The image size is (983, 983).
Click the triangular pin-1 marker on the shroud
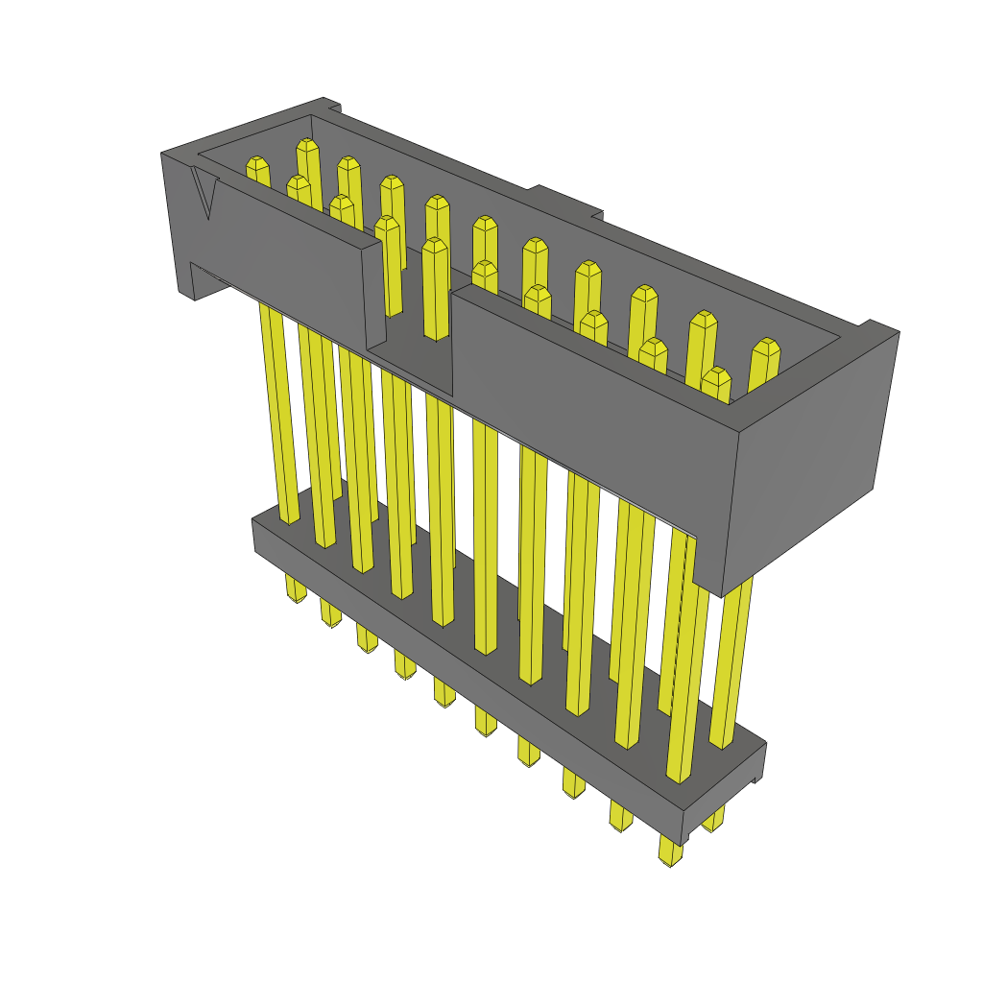point(204,193)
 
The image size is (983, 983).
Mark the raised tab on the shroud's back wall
point(566,201)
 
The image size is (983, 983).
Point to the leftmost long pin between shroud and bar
point(276,413)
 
